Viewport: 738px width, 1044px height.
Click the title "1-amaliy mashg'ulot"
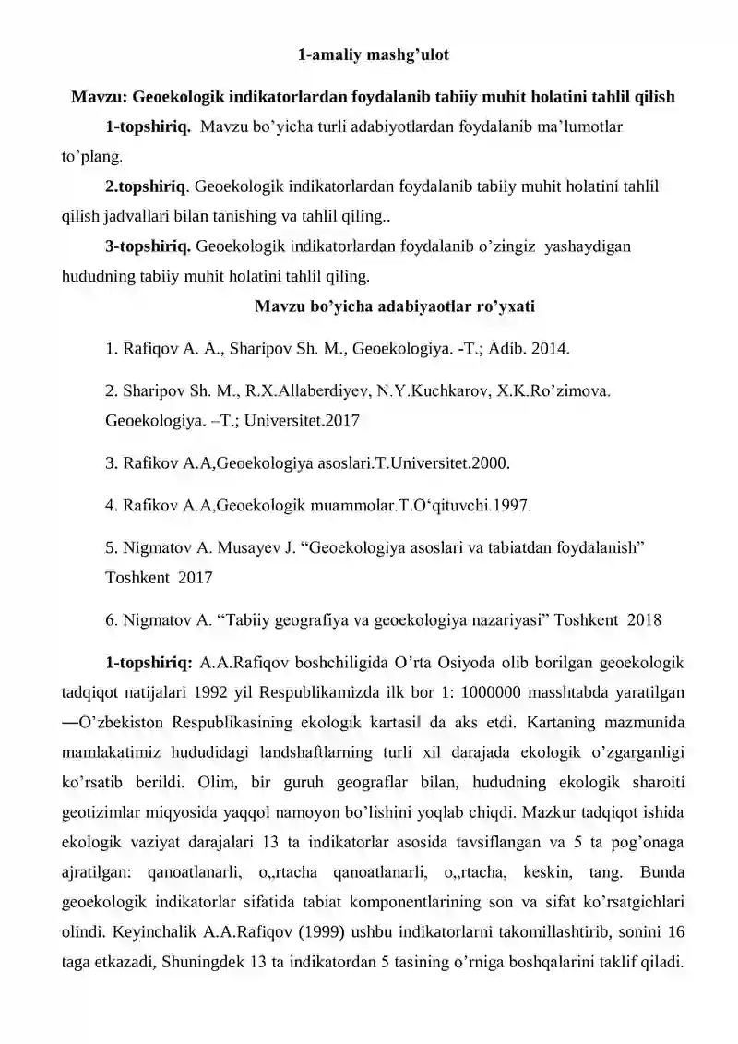click(373, 55)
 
